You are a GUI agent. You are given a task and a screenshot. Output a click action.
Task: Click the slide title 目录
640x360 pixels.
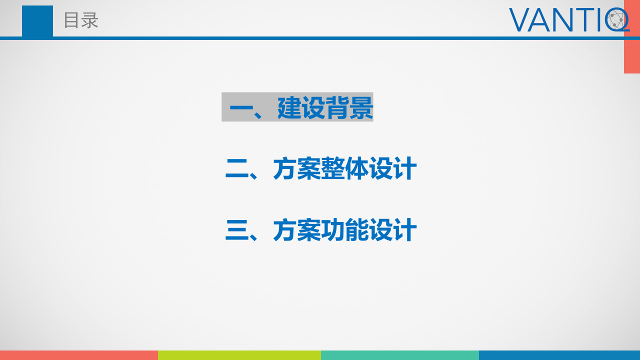point(81,20)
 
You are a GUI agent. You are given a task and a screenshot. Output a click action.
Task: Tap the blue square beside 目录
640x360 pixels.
point(37,21)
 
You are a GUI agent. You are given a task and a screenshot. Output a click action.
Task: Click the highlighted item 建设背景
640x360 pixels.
point(325,107)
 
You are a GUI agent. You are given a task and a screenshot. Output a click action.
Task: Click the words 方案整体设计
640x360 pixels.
point(345,169)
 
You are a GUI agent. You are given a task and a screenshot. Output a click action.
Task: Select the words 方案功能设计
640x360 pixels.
point(345,230)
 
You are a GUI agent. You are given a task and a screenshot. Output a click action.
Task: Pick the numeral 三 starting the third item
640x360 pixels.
point(237,231)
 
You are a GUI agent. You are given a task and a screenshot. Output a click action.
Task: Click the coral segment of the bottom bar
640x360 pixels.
point(79,355)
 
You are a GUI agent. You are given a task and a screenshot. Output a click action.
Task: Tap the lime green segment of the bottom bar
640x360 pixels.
point(239,355)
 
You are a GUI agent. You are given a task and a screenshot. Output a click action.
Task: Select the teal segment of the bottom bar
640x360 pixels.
point(400,355)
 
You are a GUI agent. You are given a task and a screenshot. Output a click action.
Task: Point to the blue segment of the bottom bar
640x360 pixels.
point(559,355)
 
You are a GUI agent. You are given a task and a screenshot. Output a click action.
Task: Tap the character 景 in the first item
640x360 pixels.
point(361,107)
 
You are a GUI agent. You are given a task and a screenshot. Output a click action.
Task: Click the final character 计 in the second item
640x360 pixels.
point(405,169)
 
